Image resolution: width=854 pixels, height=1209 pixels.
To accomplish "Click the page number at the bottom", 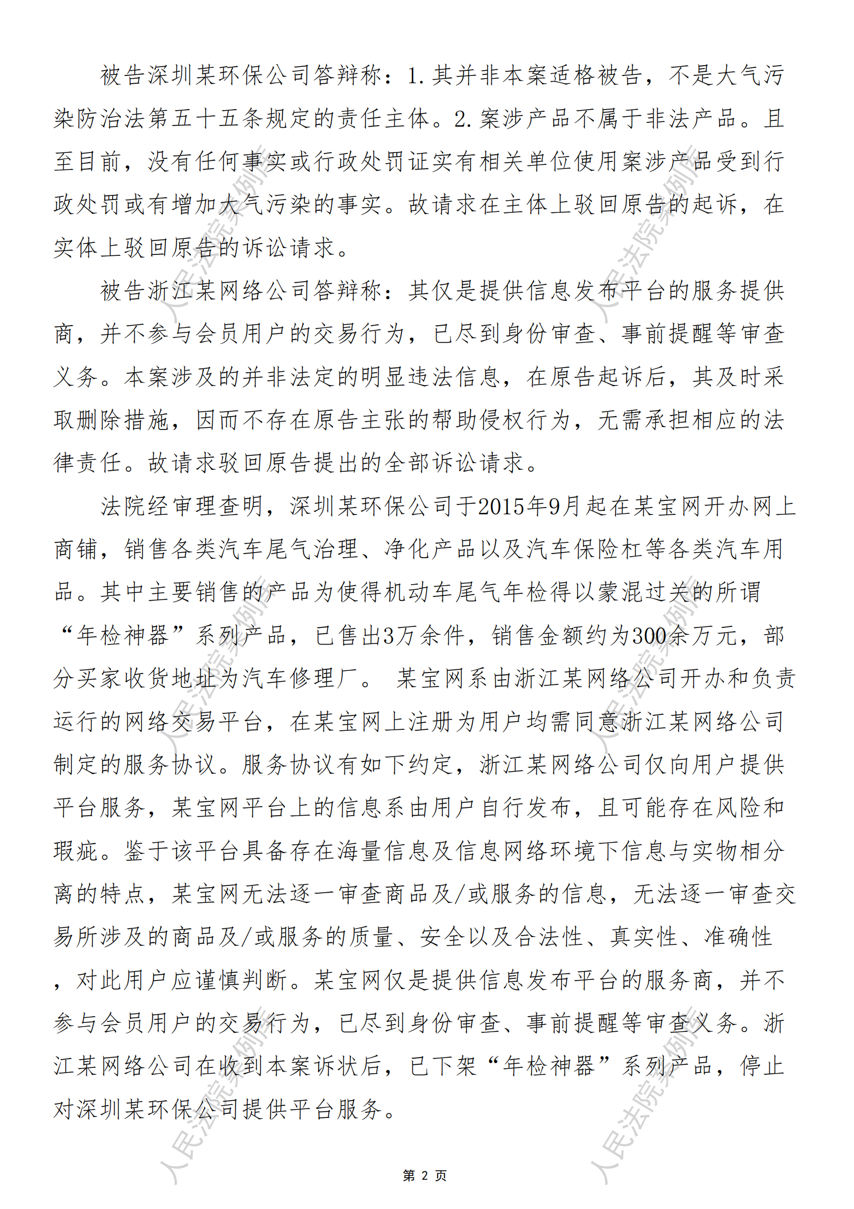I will point(425,1175).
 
